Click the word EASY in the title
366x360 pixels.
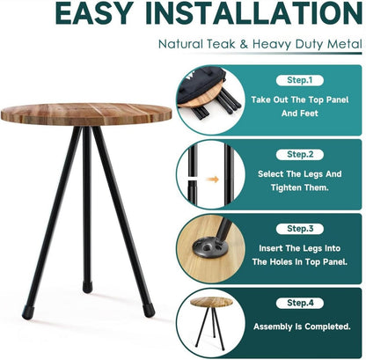[94, 13]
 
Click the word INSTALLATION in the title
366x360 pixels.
[254, 13]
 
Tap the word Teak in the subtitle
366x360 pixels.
[221, 44]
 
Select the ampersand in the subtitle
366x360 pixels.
[244, 44]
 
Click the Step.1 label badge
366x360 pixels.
[300, 80]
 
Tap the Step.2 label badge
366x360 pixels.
[300, 154]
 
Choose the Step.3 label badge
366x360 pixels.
[300, 229]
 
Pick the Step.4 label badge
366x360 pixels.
[300, 303]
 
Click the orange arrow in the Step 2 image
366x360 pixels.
[213, 180]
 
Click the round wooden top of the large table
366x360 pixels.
[86, 114]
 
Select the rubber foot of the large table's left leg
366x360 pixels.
[28, 313]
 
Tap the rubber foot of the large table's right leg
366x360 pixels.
[149, 311]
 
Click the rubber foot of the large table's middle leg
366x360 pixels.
[87, 287]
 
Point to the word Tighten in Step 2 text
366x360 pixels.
[285, 187]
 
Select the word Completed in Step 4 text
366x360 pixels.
[327, 327]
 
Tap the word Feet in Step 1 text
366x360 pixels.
[309, 114]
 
